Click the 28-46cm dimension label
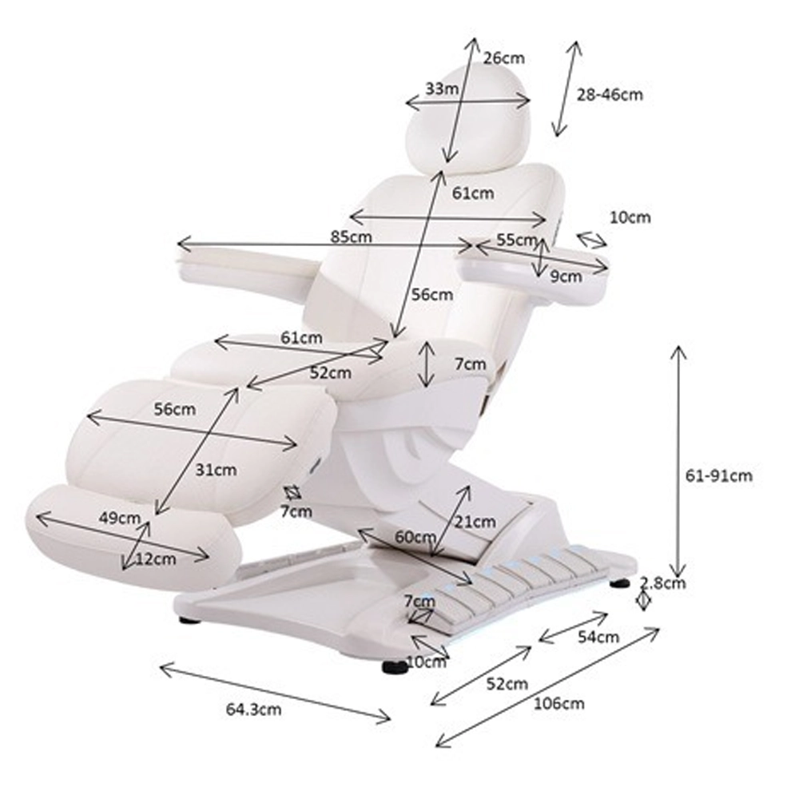(x=610, y=95)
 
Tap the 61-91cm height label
(x=718, y=476)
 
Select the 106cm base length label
(x=559, y=704)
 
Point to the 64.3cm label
(x=254, y=710)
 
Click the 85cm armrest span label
(x=351, y=237)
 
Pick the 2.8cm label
(x=662, y=582)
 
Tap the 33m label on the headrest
(x=442, y=89)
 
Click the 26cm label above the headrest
(x=504, y=58)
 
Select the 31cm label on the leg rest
(x=216, y=470)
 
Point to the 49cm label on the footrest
(x=120, y=519)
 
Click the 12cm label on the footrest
(x=156, y=559)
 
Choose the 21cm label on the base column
(x=475, y=522)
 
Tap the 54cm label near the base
(x=598, y=637)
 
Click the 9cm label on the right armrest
(x=566, y=276)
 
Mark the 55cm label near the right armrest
(x=517, y=240)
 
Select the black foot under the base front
(x=395, y=667)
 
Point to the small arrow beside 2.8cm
(x=643, y=600)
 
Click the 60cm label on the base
(x=415, y=537)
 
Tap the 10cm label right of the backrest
(x=630, y=217)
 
